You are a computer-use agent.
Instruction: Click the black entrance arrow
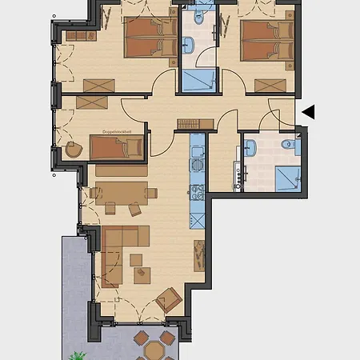[x=307, y=113]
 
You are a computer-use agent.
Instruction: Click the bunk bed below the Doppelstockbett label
[x=117, y=147]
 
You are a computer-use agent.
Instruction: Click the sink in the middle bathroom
[x=190, y=45]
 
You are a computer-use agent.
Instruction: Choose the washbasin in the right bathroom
[x=250, y=147]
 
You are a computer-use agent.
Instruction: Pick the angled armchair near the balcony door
[x=169, y=300]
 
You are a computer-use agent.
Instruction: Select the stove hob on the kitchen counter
[x=197, y=193]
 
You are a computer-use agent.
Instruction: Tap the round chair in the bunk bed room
[x=74, y=149]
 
